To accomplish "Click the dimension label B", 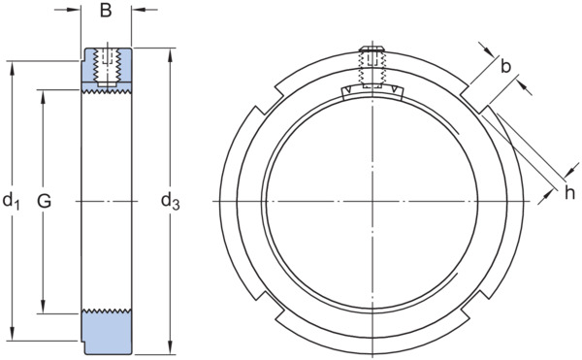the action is click(x=106, y=11).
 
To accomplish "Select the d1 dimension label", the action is click(x=11, y=201).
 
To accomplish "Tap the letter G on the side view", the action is click(x=45, y=201).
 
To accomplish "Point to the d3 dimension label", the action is click(x=171, y=202).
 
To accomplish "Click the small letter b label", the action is click(x=505, y=66).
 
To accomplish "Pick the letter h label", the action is click(x=569, y=193).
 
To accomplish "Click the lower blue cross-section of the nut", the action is click(x=107, y=333).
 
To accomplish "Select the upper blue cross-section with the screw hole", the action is click(x=107, y=70).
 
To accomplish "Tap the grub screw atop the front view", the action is click(x=372, y=67).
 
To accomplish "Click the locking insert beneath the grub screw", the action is click(x=372, y=92).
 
